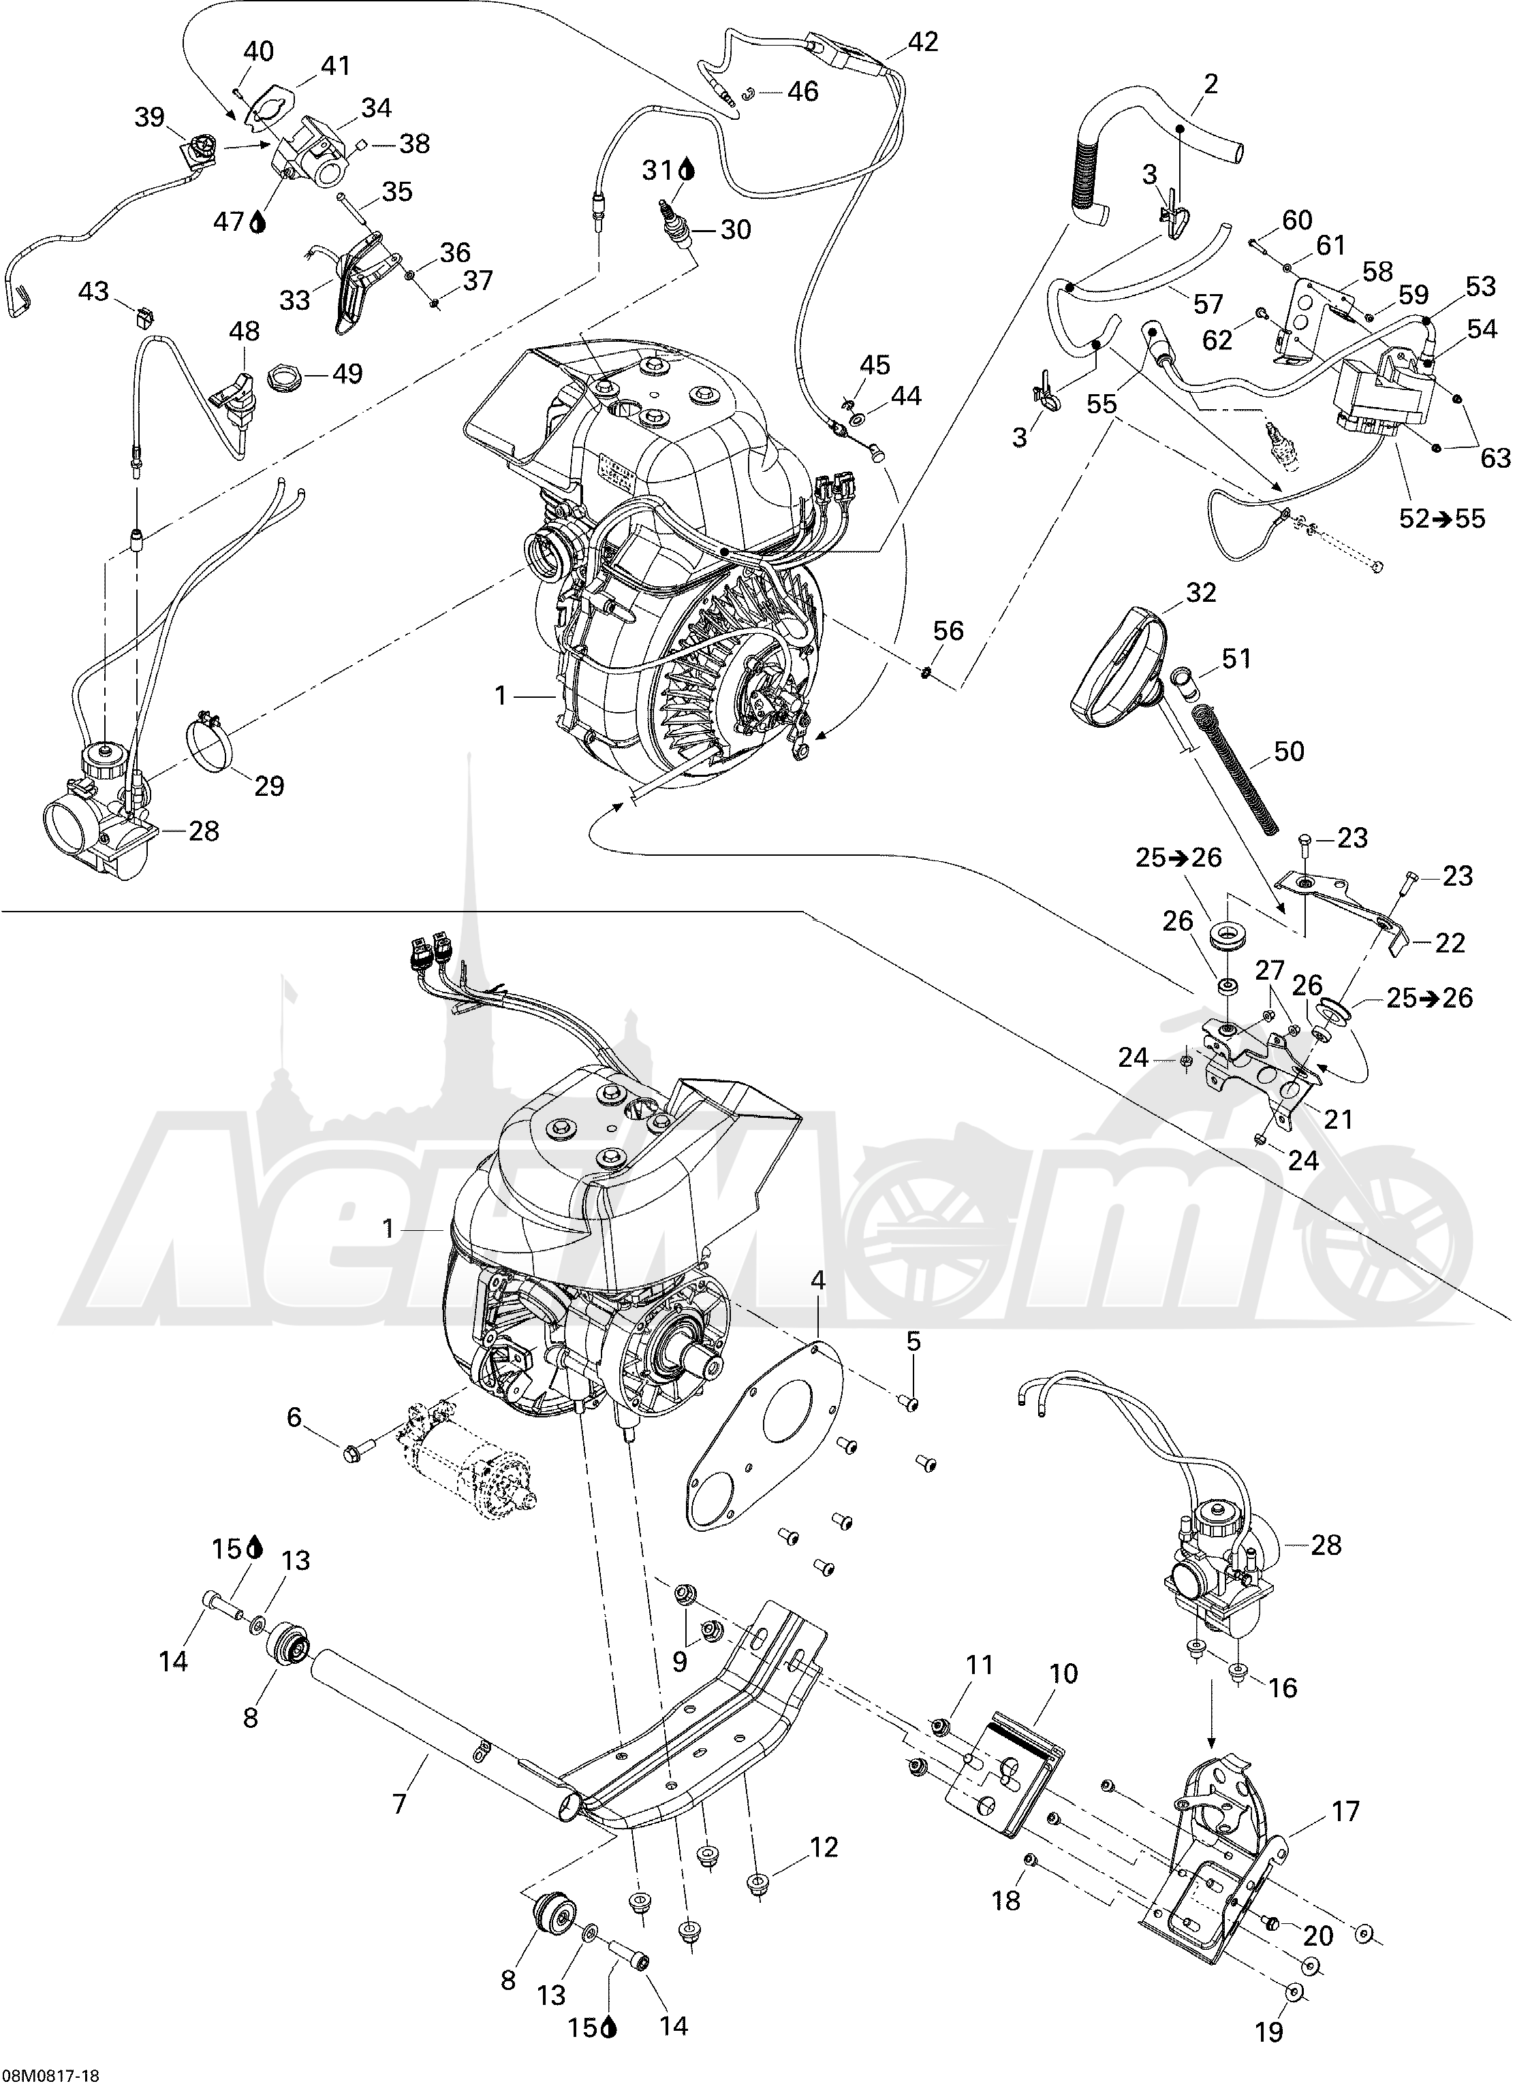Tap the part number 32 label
pos(1200,592)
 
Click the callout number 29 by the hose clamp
pos(269,786)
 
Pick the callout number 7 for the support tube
pos(399,1801)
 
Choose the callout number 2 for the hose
pos(1210,84)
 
